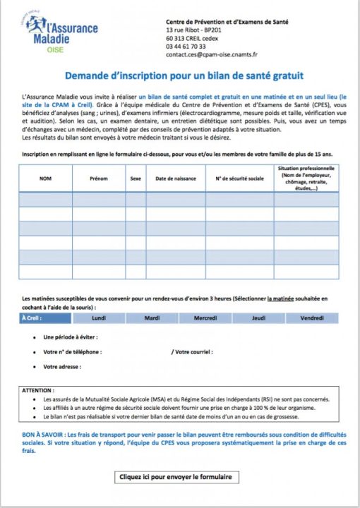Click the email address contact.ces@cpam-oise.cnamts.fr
(212, 53)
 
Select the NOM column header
(46, 179)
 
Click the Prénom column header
(99, 179)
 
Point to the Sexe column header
(136, 179)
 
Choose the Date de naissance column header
(174, 179)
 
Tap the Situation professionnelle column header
(306, 179)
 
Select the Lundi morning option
(99, 318)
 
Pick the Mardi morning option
(152, 318)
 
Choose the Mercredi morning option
(205, 318)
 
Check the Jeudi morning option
(258, 318)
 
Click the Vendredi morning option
(311, 318)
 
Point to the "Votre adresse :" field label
(62, 367)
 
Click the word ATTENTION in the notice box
(38, 389)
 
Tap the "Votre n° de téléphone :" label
(73, 351)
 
